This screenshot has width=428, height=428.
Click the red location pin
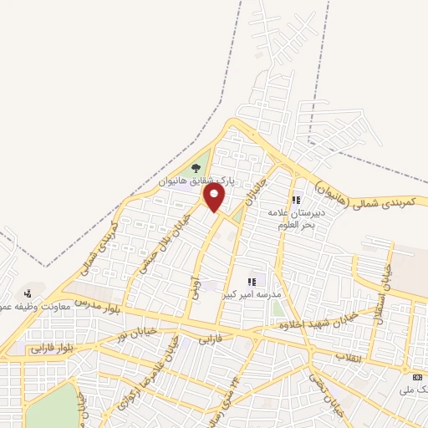pyautogui.click(x=215, y=197)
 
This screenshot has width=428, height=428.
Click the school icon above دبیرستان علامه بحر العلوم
pyautogui.click(x=296, y=201)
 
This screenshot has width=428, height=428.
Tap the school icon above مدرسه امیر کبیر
pyautogui.click(x=252, y=282)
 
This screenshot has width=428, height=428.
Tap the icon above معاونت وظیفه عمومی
pyautogui.click(x=28, y=293)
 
